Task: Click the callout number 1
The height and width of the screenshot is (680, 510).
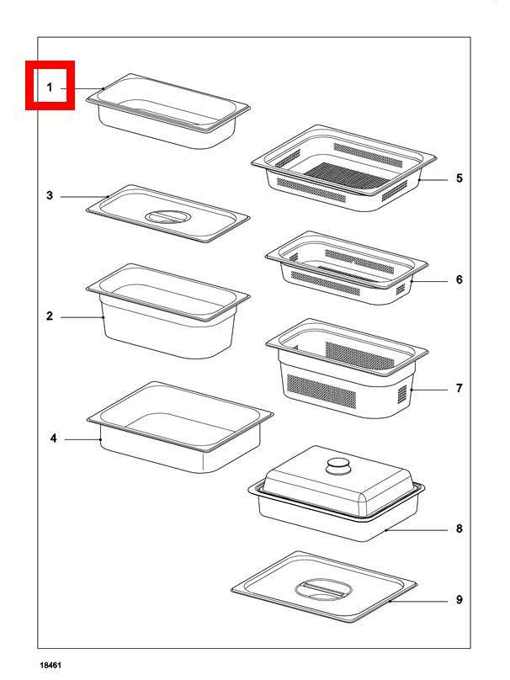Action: pos(50,88)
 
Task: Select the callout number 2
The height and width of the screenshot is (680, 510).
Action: pos(50,316)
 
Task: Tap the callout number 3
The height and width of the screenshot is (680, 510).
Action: pos(50,195)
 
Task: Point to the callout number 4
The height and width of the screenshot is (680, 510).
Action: pos(53,438)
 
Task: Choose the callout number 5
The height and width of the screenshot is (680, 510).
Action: pos(460,178)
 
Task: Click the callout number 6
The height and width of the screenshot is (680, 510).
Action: pos(460,279)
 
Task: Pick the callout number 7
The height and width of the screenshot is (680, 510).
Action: pos(460,388)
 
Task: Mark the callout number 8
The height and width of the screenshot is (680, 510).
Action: pos(460,528)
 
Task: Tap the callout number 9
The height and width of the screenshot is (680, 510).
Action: pos(460,599)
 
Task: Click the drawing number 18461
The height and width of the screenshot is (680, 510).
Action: pos(50,665)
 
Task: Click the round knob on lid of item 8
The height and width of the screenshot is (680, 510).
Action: pos(339,466)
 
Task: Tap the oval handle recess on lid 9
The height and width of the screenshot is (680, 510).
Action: pos(323,589)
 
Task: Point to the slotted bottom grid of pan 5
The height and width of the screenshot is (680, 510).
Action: pos(347,176)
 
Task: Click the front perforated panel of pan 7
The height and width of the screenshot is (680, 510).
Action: pos(321,391)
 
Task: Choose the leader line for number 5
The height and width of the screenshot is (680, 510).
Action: pos(433,179)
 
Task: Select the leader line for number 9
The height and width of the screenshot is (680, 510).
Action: pos(418,601)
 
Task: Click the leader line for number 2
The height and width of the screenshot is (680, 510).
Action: pos(82,317)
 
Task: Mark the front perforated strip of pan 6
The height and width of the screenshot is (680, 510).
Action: pos(325,283)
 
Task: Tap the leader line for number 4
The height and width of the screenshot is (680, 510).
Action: pos(83,439)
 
